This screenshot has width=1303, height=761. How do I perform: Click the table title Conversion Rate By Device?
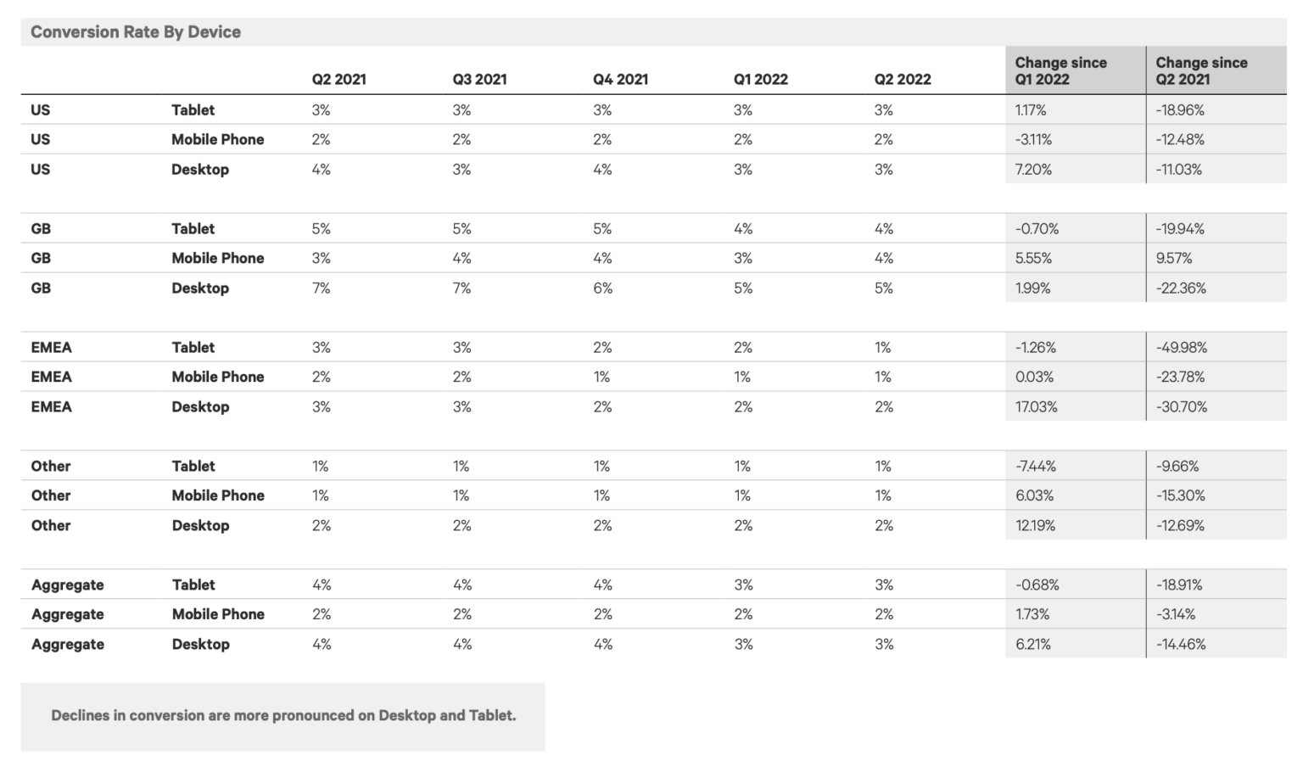(136, 32)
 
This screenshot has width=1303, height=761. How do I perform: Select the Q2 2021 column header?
(338, 80)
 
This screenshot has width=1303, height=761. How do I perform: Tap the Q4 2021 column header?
(620, 80)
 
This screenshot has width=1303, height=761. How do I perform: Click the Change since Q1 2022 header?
(1060, 70)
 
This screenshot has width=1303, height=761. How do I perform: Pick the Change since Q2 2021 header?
(1201, 70)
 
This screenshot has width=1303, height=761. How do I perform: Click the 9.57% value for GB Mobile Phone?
(1173, 259)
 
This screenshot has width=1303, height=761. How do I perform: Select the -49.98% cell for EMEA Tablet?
(1181, 348)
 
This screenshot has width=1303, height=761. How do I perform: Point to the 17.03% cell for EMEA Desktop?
(1036, 407)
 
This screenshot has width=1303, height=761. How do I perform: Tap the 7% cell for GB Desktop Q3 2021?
(461, 288)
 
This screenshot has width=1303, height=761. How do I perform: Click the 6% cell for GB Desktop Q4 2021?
(602, 288)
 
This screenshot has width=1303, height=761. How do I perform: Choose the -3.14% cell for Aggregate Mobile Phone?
(1175, 614)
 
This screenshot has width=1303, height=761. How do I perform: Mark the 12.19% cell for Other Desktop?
(1035, 526)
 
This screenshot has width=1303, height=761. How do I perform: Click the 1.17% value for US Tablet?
(1031, 110)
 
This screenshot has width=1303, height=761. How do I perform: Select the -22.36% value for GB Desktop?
(1181, 288)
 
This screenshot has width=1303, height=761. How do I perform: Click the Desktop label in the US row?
(200, 170)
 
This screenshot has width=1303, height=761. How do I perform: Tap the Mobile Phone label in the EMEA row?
(218, 378)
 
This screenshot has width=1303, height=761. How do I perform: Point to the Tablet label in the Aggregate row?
(193, 585)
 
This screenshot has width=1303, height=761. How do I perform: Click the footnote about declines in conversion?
(283, 716)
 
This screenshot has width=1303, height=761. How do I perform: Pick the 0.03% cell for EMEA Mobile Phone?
(1034, 378)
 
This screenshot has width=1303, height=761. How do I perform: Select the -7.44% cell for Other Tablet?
(1035, 467)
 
